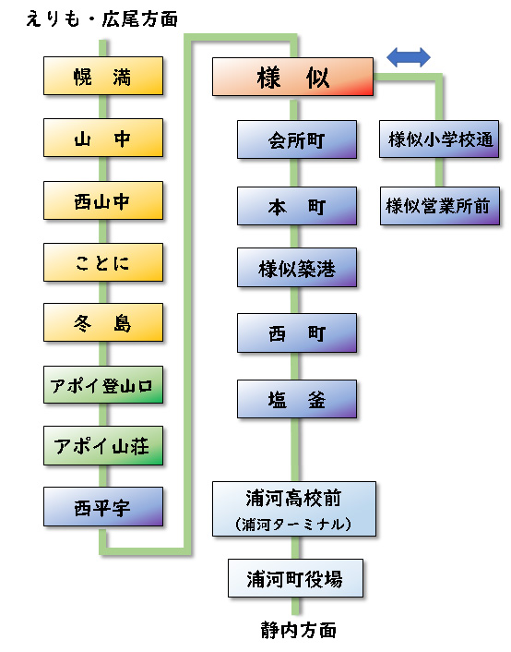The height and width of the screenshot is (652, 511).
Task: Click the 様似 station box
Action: click(292, 77)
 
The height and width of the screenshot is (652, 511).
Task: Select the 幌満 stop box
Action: click(103, 77)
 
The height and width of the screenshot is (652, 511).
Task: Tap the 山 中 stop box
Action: click(103, 139)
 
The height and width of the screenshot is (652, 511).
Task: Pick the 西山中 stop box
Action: click(103, 200)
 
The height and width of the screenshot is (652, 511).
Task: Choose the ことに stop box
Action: click(103, 262)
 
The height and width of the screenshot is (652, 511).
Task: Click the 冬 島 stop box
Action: click(103, 323)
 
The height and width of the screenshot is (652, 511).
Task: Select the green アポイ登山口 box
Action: click(103, 385)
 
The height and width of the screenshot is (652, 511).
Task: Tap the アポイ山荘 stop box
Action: click(103, 446)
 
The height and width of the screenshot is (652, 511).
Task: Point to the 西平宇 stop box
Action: click(103, 506)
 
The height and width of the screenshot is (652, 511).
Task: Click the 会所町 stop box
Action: click(296, 141)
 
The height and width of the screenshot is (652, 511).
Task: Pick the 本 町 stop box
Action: click(296, 206)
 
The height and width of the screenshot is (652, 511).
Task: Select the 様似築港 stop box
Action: click(296, 269)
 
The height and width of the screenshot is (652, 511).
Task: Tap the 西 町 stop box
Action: click(296, 332)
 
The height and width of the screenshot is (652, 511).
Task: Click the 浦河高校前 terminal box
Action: click(294, 509)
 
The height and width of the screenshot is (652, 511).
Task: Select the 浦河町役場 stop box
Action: click(294, 579)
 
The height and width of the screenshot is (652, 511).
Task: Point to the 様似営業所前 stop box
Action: click(440, 206)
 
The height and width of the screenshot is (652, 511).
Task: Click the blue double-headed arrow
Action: click(409, 57)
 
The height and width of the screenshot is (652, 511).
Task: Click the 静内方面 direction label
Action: click(298, 632)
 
